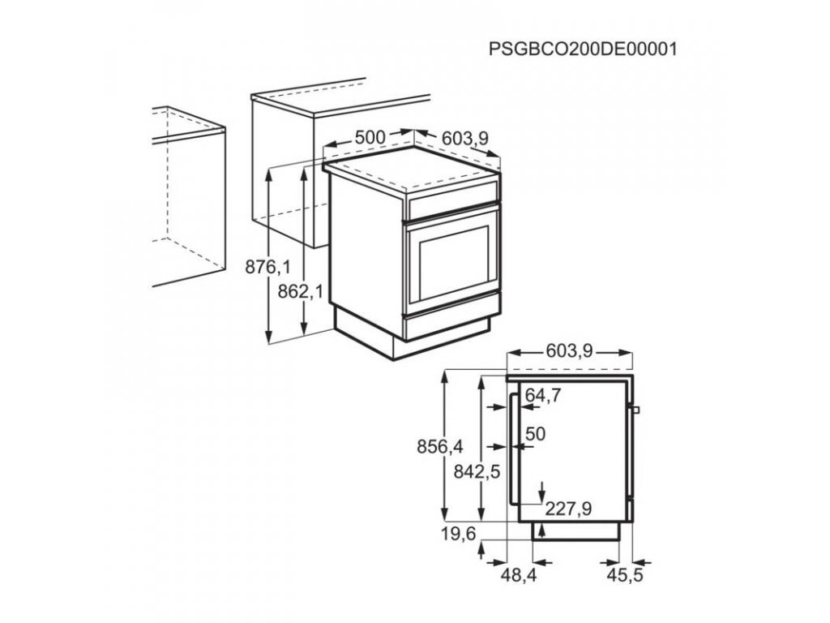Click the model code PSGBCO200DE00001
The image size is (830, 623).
tap(582, 49)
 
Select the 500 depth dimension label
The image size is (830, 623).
tap(370, 137)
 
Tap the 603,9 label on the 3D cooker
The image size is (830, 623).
tap(464, 140)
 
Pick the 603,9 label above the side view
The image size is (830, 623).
tap(569, 351)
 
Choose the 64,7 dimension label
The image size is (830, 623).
tap(544, 395)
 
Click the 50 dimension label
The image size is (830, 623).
tap(535, 434)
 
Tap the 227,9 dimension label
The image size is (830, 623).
tap(568, 509)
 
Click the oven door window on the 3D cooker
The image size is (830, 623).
tap(451, 260)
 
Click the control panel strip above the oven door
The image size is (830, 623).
tap(452, 204)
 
